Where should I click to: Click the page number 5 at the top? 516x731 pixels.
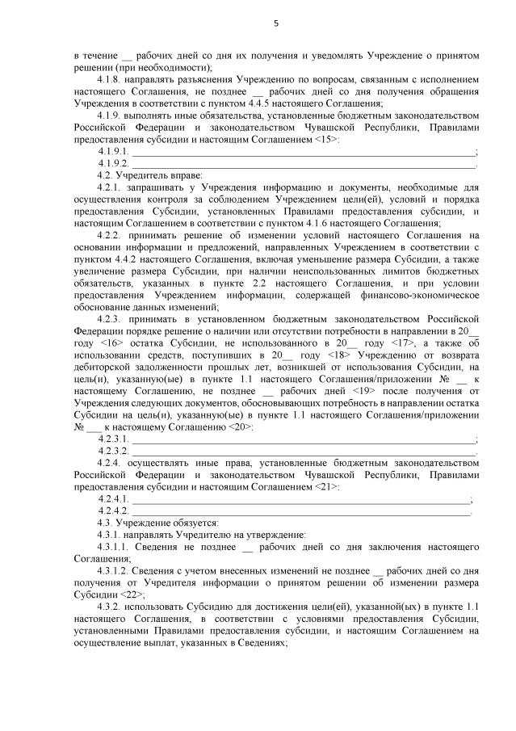(275, 23)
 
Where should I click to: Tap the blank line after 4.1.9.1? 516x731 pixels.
(304, 152)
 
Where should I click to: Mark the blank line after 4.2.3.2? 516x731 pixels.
(304, 450)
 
